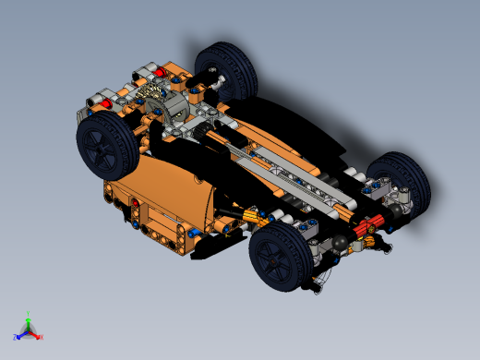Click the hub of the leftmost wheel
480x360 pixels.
coord(102,149)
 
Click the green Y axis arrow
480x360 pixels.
coord(29,317)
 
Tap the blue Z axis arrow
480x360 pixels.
coord(18,335)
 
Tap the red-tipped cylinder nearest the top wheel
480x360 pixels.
coord(160,71)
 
